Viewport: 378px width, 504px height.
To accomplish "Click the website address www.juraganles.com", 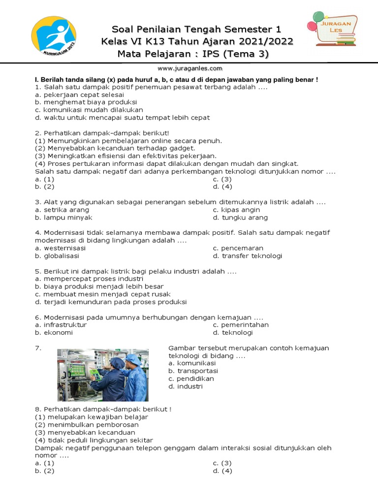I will click(190, 68).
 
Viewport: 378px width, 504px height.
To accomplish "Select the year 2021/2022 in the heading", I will click(265, 41).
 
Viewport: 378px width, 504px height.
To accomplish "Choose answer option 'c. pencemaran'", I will click(238, 248).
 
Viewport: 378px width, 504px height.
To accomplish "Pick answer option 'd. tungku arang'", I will click(240, 218).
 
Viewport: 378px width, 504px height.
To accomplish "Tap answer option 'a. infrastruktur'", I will click(61, 325).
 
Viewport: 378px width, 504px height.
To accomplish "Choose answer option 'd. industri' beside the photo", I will click(185, 386).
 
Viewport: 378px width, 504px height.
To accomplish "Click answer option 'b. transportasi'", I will click(193, 371).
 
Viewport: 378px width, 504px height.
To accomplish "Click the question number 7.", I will click(37, 348).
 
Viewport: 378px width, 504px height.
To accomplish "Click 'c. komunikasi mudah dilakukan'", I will click(89, 110).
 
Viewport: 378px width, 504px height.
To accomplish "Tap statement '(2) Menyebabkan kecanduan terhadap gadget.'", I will click(115, 148).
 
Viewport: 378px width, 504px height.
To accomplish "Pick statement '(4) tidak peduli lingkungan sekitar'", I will click(94, 440).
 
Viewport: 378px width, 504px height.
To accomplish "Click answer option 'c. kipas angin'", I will click(236, 210).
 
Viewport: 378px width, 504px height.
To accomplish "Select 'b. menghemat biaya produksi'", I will click(86, 102).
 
